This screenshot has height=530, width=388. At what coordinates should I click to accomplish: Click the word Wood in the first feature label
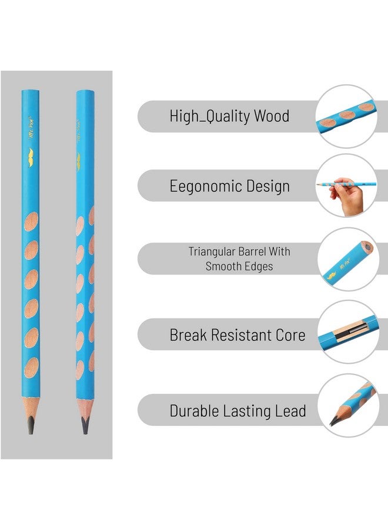[x=271, y=116]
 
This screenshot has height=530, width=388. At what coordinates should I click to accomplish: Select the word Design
[x=263, y=187]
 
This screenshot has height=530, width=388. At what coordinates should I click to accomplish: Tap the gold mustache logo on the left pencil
[x=31, y=155]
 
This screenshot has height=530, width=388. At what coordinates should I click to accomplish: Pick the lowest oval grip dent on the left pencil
[x=31, y=366]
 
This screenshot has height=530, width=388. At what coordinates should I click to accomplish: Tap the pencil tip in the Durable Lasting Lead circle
[x=334, y=420]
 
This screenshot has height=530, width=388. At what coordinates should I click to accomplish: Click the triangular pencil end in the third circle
[x=366, y=249]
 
